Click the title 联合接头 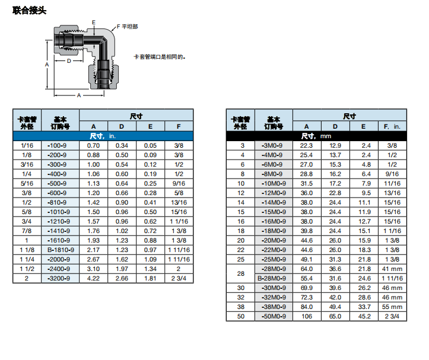(x=29, y=10)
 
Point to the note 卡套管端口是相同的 (x=160, y=57)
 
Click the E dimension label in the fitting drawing (x=93, y=22)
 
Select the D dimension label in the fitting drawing (x=69, y=60)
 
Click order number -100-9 (x=60, y=145)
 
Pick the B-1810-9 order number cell (x=60, y=250)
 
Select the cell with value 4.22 (x=94, y=278)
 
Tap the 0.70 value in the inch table (x=94, y=145)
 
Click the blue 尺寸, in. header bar (x=103, y=136)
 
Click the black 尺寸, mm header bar (x=316, y=136)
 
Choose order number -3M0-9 (x=273, y=145)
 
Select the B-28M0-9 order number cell (x=273, y=278)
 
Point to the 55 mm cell (x=392, y=307)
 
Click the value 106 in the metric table (x=307, y=316)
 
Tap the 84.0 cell (x=307, y=307)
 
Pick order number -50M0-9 (x=273, y=316)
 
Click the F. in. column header (x=392, y=126)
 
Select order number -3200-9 (x=60, y=278)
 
